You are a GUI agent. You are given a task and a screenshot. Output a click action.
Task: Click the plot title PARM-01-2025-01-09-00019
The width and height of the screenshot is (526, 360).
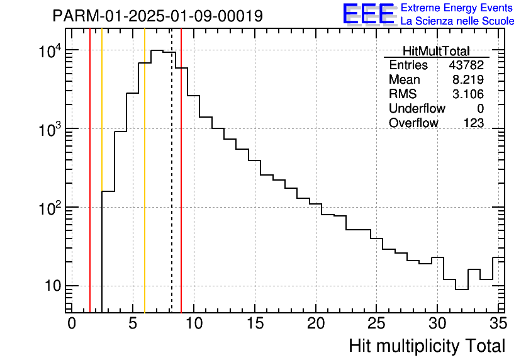[x=157, y=16]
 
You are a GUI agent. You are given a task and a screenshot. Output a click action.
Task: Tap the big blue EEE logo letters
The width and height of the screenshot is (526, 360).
[x=369, y=14]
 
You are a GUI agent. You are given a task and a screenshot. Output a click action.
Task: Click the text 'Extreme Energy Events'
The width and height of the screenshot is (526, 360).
[x=457, y=8]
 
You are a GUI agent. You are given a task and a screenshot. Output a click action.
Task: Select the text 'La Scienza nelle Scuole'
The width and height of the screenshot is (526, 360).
[x=457, y=21]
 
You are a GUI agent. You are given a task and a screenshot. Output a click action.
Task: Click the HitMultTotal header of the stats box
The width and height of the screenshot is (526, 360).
[x=436, y=52]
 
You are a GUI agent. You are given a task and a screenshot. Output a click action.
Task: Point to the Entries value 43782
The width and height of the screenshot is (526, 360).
[x=466, y=65]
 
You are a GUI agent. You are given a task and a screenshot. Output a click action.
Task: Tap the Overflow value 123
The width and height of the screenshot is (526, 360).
[x=474, y=123]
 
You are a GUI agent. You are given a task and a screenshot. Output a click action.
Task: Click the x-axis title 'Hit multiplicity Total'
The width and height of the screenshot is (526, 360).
[x=427, y=346]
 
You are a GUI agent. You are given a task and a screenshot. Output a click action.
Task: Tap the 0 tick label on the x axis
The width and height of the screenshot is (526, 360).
[x=72, y=323]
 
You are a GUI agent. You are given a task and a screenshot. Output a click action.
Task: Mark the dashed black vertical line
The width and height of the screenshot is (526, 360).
[x=172, y=189]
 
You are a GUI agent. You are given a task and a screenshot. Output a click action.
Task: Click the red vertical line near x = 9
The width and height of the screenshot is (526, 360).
[x=181, y=189]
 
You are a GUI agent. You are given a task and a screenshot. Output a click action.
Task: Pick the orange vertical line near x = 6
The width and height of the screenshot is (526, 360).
[x=145, y=189]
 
